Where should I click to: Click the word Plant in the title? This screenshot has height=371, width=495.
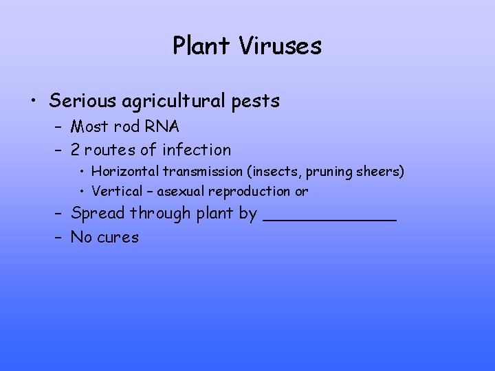click(x=201, y=46)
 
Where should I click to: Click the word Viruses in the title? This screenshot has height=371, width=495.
click(x=280, y=46)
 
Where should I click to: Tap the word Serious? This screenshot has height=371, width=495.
click(x=83, y=101)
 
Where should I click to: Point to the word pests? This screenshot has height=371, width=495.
click(x=256, y=102)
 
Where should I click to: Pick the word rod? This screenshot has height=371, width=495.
click(x=131, y=126)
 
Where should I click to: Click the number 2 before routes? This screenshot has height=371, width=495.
click(x=75, y=149)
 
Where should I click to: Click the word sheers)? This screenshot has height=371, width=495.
click(x=382, y=170)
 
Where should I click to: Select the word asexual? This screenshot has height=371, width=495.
click(x=181, y=191)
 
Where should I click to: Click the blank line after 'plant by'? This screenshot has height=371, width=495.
click(x=330, y=218)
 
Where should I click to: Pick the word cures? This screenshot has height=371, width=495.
click(x=118, y=238)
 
